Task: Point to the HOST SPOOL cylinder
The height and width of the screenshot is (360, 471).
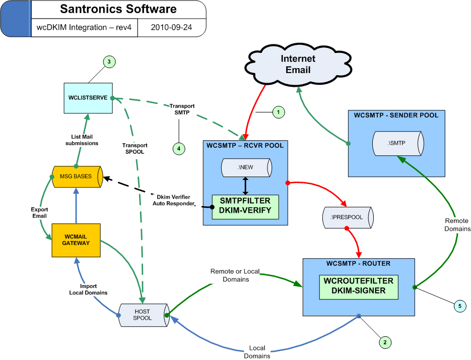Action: pos(143,315)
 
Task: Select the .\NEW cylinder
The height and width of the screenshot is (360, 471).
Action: pos(245,167)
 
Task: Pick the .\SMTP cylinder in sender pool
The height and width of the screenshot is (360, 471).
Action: pos(395,144)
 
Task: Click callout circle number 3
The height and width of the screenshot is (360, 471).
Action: pos(109,62)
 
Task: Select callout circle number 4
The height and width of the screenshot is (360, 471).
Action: pos(178,148)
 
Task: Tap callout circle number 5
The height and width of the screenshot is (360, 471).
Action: pos(459,306)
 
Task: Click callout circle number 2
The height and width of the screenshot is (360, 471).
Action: pos(385,342)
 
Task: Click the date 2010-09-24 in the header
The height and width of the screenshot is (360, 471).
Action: pos(171,27)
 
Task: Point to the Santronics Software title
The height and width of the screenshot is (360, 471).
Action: pos(118,9)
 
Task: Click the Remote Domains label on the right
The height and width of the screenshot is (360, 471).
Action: pos(456,224)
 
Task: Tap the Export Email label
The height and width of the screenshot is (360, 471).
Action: pos(38,212)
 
